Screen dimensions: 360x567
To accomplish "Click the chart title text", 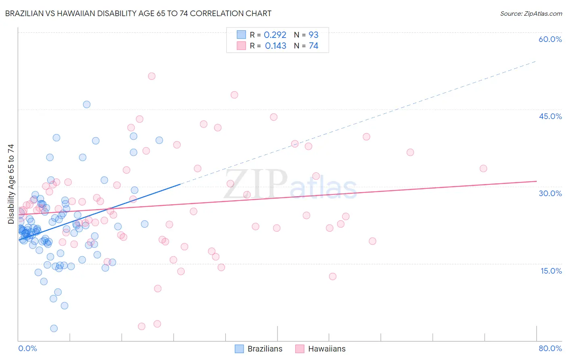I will [138, 13].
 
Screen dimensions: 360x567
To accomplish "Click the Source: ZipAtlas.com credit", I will [531, 13].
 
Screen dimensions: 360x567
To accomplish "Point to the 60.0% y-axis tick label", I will [550, 39].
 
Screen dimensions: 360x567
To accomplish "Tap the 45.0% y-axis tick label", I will [550, 116].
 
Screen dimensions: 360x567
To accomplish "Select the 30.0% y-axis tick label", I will [550, 193].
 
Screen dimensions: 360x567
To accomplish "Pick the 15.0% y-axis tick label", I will [551, 271].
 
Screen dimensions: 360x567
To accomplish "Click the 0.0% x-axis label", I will [27, 348].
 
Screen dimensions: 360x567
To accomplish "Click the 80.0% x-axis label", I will [550, 348].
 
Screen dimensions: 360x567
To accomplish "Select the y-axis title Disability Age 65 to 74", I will [11, 184].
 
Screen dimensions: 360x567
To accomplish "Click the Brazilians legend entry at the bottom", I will [258, 349].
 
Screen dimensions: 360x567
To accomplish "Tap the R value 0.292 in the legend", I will [275, 35].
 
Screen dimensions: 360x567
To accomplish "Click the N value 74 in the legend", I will [313, 46].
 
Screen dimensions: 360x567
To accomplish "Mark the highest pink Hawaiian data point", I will [152, 76].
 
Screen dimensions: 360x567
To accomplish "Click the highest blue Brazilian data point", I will [87, 105].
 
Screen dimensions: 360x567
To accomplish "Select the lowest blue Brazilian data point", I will [54, 329].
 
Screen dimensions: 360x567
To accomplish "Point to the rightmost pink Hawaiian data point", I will [483, 168].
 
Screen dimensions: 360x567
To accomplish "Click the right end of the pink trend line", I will [536, 181].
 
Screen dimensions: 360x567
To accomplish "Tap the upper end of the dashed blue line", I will [536, 61].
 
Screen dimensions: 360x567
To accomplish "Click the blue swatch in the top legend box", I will [241, 35].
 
